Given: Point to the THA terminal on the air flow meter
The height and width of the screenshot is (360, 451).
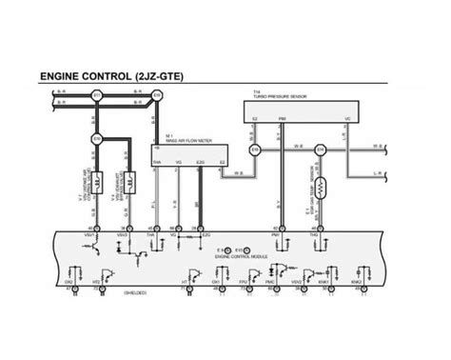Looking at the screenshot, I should pyautogui.click(x=157, y=163).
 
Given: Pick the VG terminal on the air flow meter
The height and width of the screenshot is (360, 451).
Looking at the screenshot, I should pyautogui.click(x=178, y=163).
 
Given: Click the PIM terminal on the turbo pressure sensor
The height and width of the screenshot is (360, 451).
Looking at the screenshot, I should pyautogui.click(x=281, y=119).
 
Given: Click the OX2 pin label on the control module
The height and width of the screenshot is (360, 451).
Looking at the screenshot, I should pyautogui.click(x=69, y=283).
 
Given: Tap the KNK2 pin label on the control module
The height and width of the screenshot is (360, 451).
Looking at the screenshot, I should pyautogui.click(x=357, y=283).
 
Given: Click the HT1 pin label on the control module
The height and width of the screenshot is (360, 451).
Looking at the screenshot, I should pyautogui.click(x=183, y=283).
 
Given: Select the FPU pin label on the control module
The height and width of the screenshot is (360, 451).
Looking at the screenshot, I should pyautogui.click(x=244, y=283).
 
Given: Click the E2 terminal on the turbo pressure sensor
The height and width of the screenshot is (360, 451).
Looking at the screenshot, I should pyautogui.click(x=255, y=119).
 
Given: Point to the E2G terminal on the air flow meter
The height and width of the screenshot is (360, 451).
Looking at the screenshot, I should pyautogui.click(x=199, y=163).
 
